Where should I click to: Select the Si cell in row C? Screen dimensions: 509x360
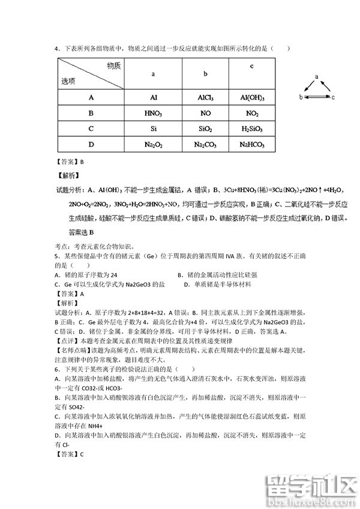click(x=153, y=128)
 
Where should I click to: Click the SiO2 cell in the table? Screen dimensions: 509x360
click(x=205, y=128)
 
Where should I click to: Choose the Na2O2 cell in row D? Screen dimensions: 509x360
click(x=153, y=144)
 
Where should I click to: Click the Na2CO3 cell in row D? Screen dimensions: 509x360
click(x=205, y=144)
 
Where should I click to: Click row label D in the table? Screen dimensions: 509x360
click(x=91, y=144)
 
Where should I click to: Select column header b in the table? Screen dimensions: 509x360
click(x=205, y=73)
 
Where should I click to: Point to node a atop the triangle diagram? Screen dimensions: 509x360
click(x=317, y=76)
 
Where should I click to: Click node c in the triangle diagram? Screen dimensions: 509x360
click(x=332, y=96)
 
